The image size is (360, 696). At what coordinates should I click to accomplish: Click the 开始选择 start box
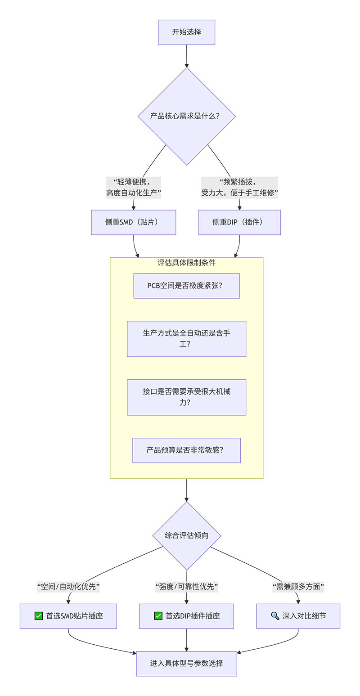[186, 32]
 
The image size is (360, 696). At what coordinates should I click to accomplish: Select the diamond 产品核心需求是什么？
[186, 116]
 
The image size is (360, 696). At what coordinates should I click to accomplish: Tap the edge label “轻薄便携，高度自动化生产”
[134, 188]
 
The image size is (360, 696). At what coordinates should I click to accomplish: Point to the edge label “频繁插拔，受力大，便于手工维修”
[239, 188]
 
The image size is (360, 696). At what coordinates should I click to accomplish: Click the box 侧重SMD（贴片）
[134, 222]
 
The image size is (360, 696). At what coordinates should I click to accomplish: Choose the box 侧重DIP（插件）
[239, 222]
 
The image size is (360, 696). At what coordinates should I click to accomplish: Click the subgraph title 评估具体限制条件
[186, 263]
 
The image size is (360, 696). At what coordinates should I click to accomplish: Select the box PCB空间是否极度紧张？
[186, 286]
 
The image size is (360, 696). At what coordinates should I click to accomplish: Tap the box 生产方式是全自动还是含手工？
[186, 339]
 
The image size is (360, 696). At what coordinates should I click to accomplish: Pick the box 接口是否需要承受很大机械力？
[186, 397]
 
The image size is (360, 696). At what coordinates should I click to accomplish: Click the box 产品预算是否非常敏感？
[186, 450]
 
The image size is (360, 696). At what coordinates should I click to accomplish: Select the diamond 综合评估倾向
[186, 535]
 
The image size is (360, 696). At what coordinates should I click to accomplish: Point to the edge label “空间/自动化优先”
[68, 587]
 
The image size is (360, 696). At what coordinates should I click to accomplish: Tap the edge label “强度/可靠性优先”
[186, 587]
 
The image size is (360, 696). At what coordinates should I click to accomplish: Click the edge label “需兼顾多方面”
[298, 587]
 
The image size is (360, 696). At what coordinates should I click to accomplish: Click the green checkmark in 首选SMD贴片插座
[39, 616]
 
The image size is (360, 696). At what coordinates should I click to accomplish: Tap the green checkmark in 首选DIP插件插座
[158, 616]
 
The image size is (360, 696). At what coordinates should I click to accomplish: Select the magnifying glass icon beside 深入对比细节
[275, 616]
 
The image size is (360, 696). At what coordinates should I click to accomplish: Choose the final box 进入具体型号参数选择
[186, 663]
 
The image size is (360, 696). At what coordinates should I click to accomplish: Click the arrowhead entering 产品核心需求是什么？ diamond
[186, 65]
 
